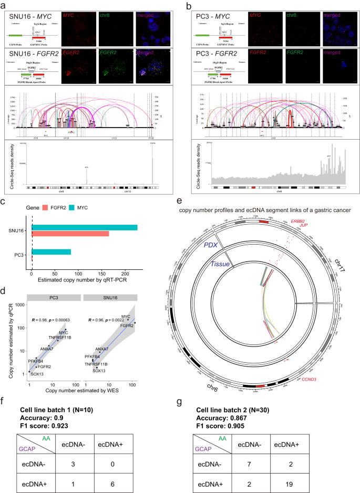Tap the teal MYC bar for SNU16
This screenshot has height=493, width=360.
(85, 227)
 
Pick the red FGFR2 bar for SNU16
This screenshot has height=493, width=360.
(70, 233)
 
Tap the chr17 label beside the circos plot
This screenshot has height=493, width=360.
(344, 265)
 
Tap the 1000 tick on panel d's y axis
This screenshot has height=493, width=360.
(22, 305)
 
